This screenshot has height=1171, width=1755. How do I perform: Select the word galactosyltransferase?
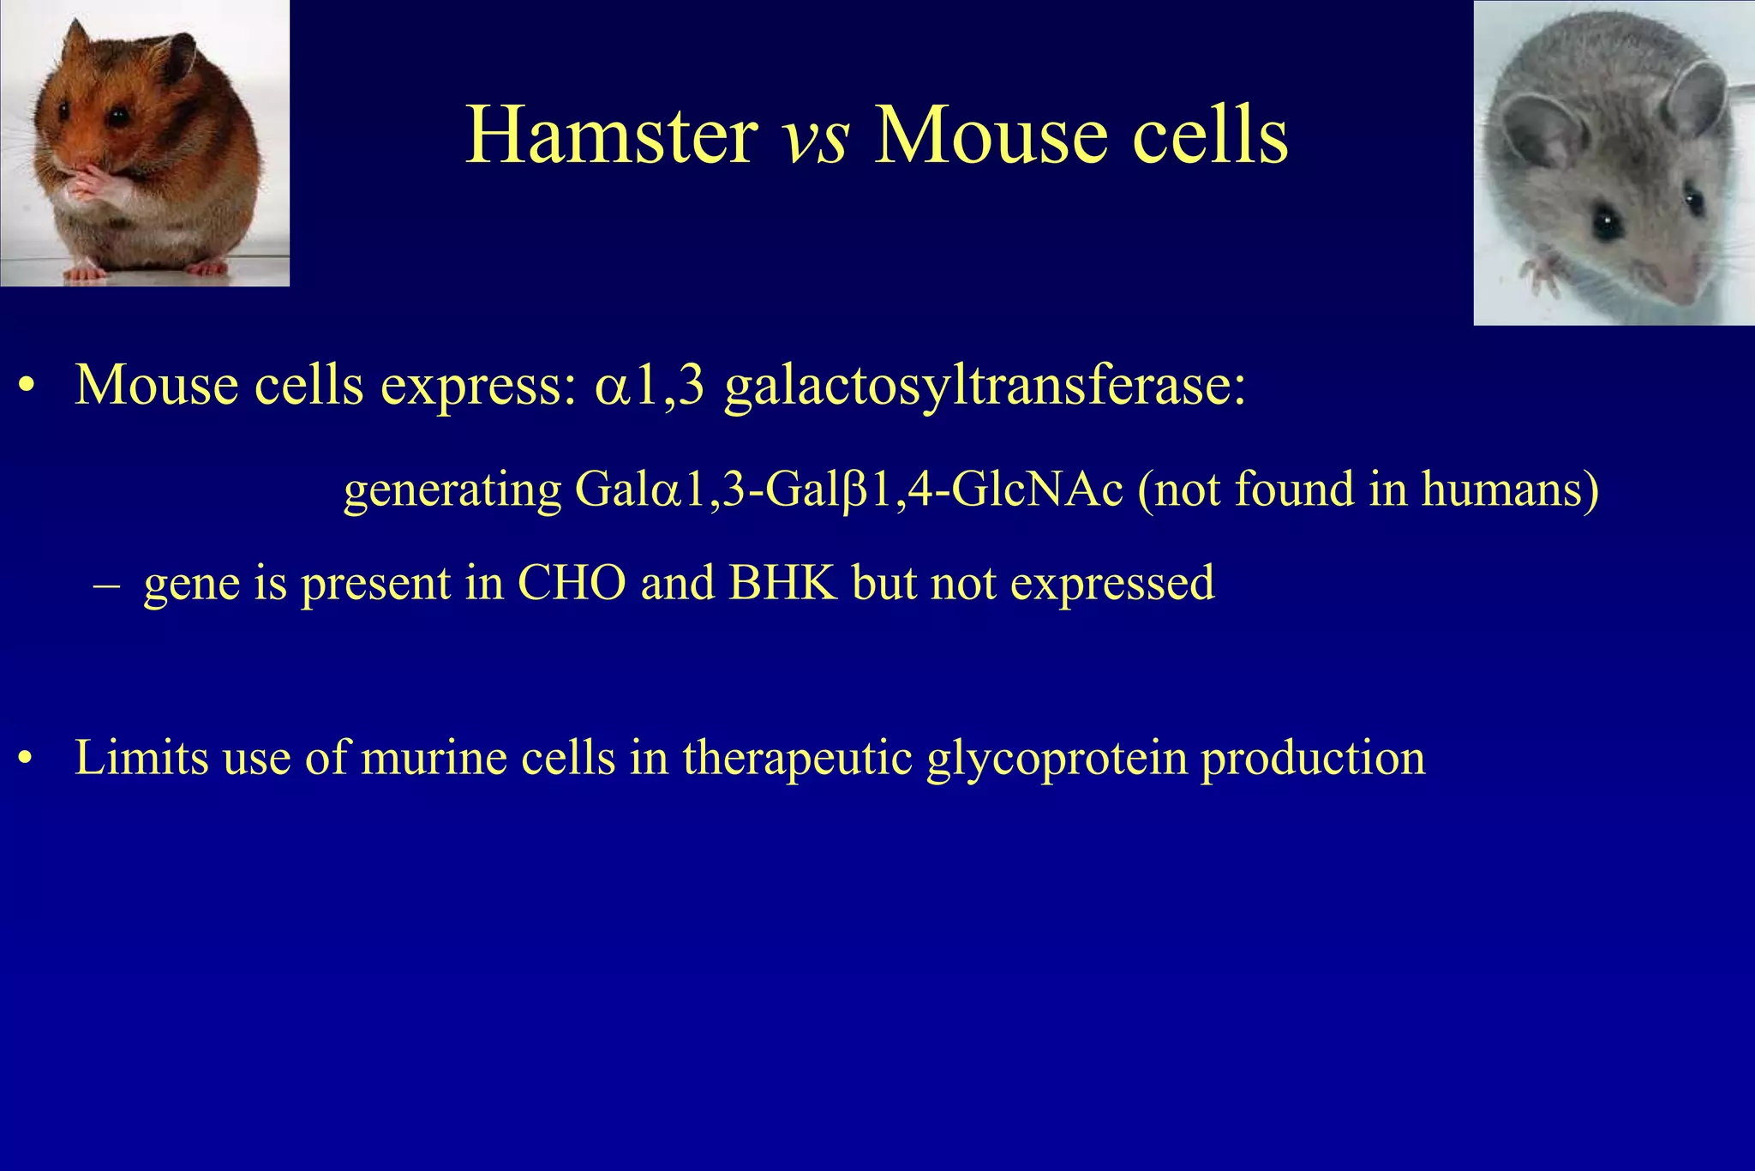click(x=984, y=386)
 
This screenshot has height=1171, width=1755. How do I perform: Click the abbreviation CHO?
click(x=572, y=584)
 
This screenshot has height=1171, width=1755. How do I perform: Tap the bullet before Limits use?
click(x=27, y=760)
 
